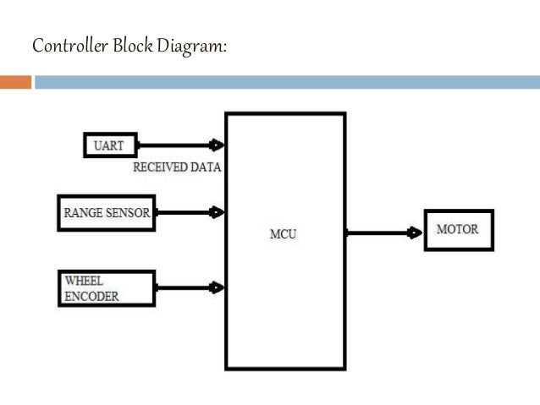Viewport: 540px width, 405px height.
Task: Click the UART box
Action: (x=109, y=145)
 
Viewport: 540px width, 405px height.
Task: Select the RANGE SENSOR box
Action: (x=107, y=213)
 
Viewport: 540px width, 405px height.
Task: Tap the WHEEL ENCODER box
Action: (x=107, y=287)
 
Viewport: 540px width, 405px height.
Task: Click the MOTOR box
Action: (x=458, y=229)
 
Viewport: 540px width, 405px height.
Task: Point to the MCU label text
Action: (x=284, y=233)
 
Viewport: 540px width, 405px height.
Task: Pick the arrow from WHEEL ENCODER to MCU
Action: (x=190, y=287)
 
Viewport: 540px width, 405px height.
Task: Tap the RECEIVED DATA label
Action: (x=177, y=167)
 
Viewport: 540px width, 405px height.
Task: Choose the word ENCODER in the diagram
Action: (x=91, y=296)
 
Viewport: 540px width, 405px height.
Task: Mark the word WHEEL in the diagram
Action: (x=82, y=280)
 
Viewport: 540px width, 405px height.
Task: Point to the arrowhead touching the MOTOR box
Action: (x=415, y=233)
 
